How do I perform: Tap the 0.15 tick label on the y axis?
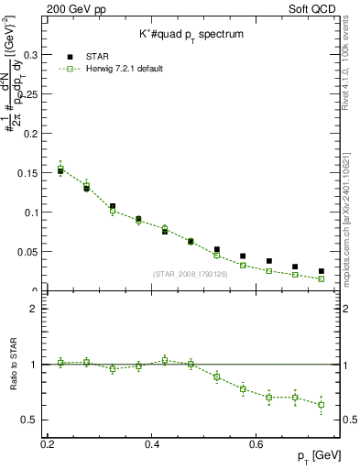[27, 172]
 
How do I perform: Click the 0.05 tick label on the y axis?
[27, 252]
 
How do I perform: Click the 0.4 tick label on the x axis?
[152, 444]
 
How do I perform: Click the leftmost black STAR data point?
[60, 171]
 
